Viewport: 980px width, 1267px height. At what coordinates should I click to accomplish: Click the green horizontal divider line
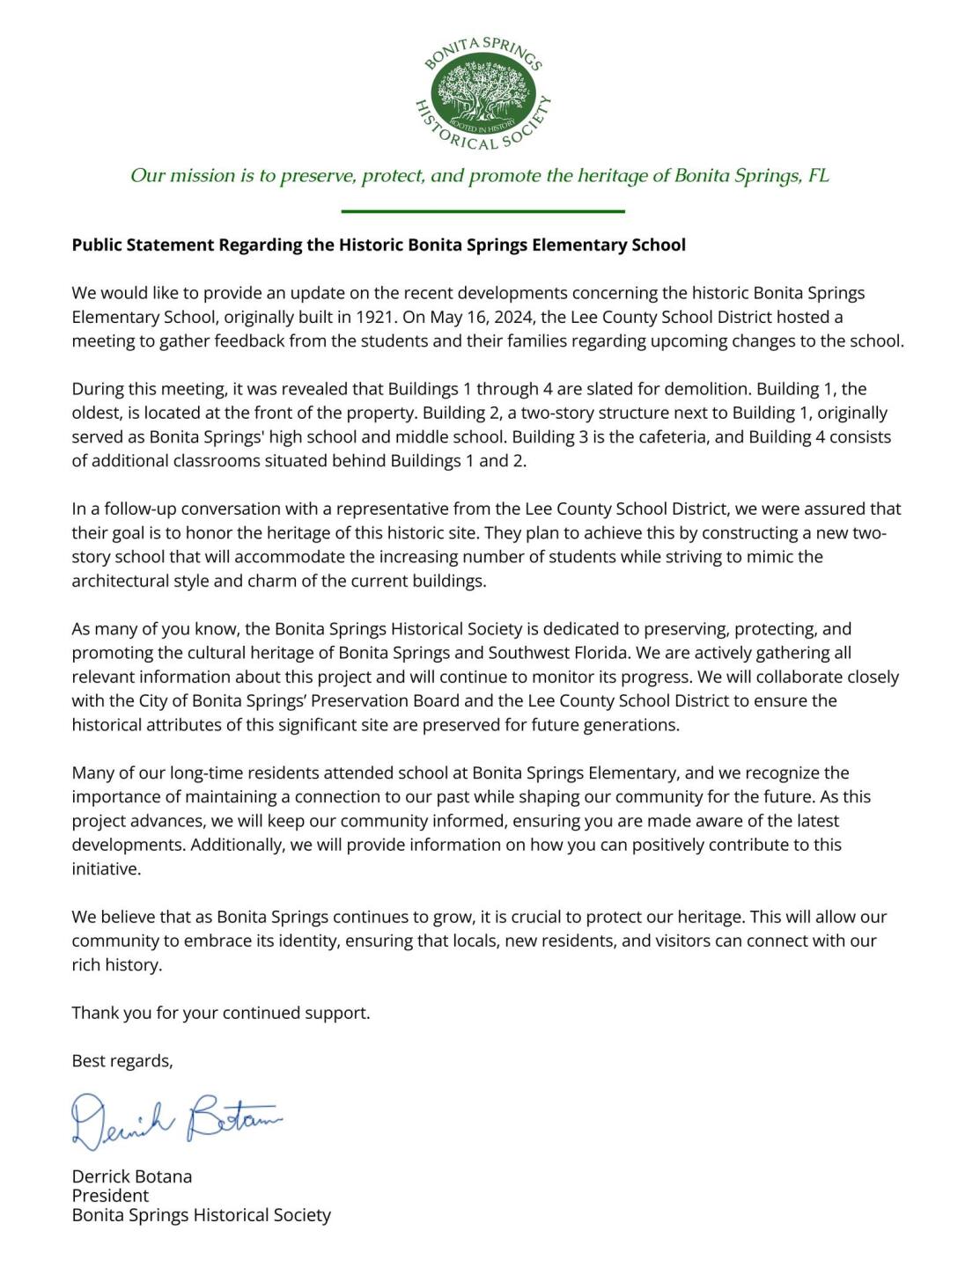pos(483,211)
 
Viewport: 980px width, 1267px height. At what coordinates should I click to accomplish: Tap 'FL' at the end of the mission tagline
pos(818,175)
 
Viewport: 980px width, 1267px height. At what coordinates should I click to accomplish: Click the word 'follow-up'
pos(139,509)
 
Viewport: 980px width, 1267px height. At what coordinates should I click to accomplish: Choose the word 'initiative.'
pos(107,868)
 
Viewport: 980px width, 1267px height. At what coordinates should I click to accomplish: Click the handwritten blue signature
pos(176,1120)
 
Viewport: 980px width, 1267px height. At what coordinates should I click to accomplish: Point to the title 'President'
pos(110,1196)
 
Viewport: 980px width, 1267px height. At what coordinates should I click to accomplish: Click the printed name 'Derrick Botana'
pos(131,1176)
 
